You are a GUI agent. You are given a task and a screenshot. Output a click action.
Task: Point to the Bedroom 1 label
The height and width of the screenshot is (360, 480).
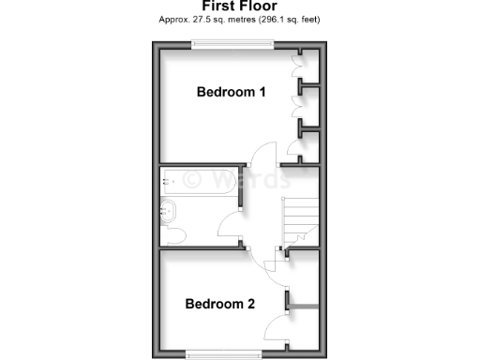[232, 92]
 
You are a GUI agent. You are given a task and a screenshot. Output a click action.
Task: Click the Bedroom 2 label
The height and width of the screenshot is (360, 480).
[220, 304]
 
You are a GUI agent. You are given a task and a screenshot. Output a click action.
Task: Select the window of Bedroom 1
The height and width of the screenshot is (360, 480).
[233, 42]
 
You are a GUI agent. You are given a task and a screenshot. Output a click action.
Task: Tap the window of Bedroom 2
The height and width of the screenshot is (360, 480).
[223, 353]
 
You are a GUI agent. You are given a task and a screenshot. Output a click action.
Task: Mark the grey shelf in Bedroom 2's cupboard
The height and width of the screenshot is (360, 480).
[305, 305]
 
